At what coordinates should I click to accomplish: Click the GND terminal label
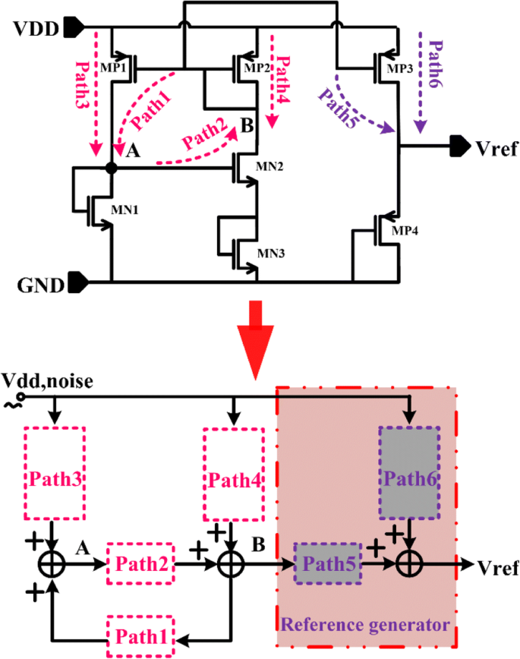35,285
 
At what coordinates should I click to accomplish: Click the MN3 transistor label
269,253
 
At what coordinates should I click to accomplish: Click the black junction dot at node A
112,169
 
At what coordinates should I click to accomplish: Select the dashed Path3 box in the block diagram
55,471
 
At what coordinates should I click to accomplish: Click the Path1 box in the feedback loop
140,632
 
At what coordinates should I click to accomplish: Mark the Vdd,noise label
48,381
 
